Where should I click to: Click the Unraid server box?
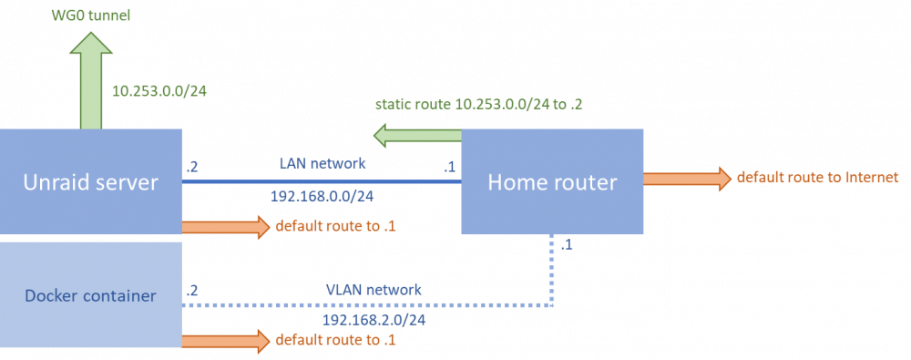(91, 181)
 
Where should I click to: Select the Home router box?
(552, 181)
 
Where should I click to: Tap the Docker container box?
(91, 295)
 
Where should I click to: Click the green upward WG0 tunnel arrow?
(90, 80)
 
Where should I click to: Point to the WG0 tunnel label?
(90, 15)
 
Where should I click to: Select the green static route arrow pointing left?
(416, 136)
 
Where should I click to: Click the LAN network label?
(322, 164)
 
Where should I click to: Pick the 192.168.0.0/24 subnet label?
(322, 197)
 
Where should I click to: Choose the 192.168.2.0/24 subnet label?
(371, 321)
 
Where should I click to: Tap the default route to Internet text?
(818, 177)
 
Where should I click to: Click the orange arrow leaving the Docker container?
(226, 340)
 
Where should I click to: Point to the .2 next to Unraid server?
(192, 168)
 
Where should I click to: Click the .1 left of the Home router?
(450, 168)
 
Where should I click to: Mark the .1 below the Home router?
(567, 246)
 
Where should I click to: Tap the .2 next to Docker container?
(192, 291)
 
